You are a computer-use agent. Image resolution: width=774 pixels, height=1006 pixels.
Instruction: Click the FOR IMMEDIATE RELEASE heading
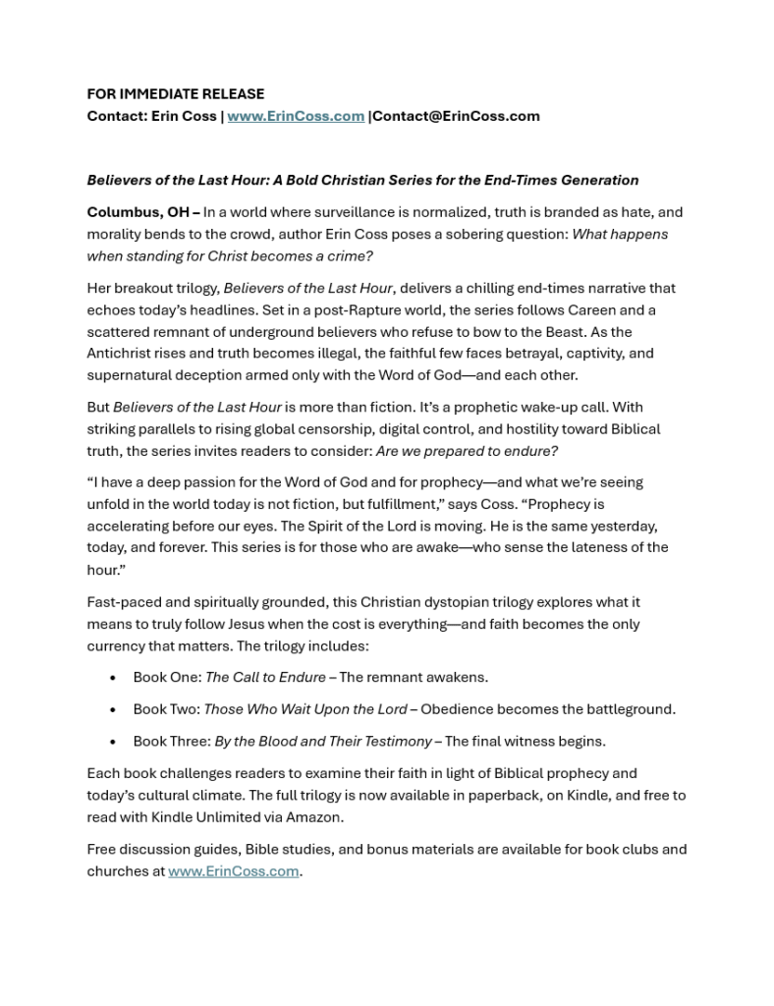click(x=175, y=94)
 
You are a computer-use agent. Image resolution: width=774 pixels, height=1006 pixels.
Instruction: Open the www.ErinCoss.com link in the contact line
click(x=296, y=116)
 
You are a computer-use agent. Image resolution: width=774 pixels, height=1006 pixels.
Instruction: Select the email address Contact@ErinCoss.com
click(x=456, y=116)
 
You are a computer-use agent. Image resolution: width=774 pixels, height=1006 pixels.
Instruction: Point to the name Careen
click(x=592, y=310)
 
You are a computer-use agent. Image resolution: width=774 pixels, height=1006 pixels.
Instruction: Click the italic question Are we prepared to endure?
click(x=467, y=451)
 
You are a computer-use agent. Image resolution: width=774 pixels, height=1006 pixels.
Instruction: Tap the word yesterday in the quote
click(x=620, y=526)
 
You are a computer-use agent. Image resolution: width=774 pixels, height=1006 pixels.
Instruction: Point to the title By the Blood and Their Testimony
click(x=323, y=741)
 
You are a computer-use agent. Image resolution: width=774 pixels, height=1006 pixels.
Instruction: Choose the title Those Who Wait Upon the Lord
click(x=305, y=709)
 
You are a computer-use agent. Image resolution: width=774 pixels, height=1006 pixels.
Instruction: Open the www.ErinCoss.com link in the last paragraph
click(x=233, y=871)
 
